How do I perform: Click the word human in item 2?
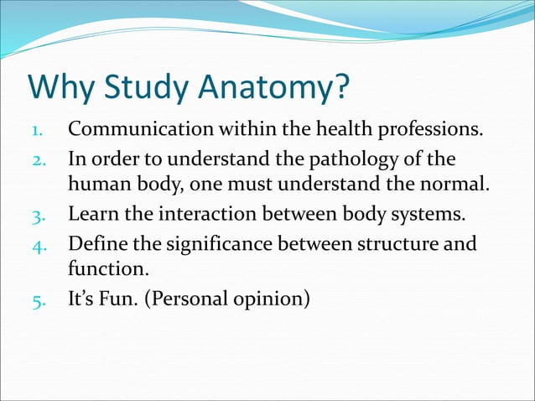point(96,186)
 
